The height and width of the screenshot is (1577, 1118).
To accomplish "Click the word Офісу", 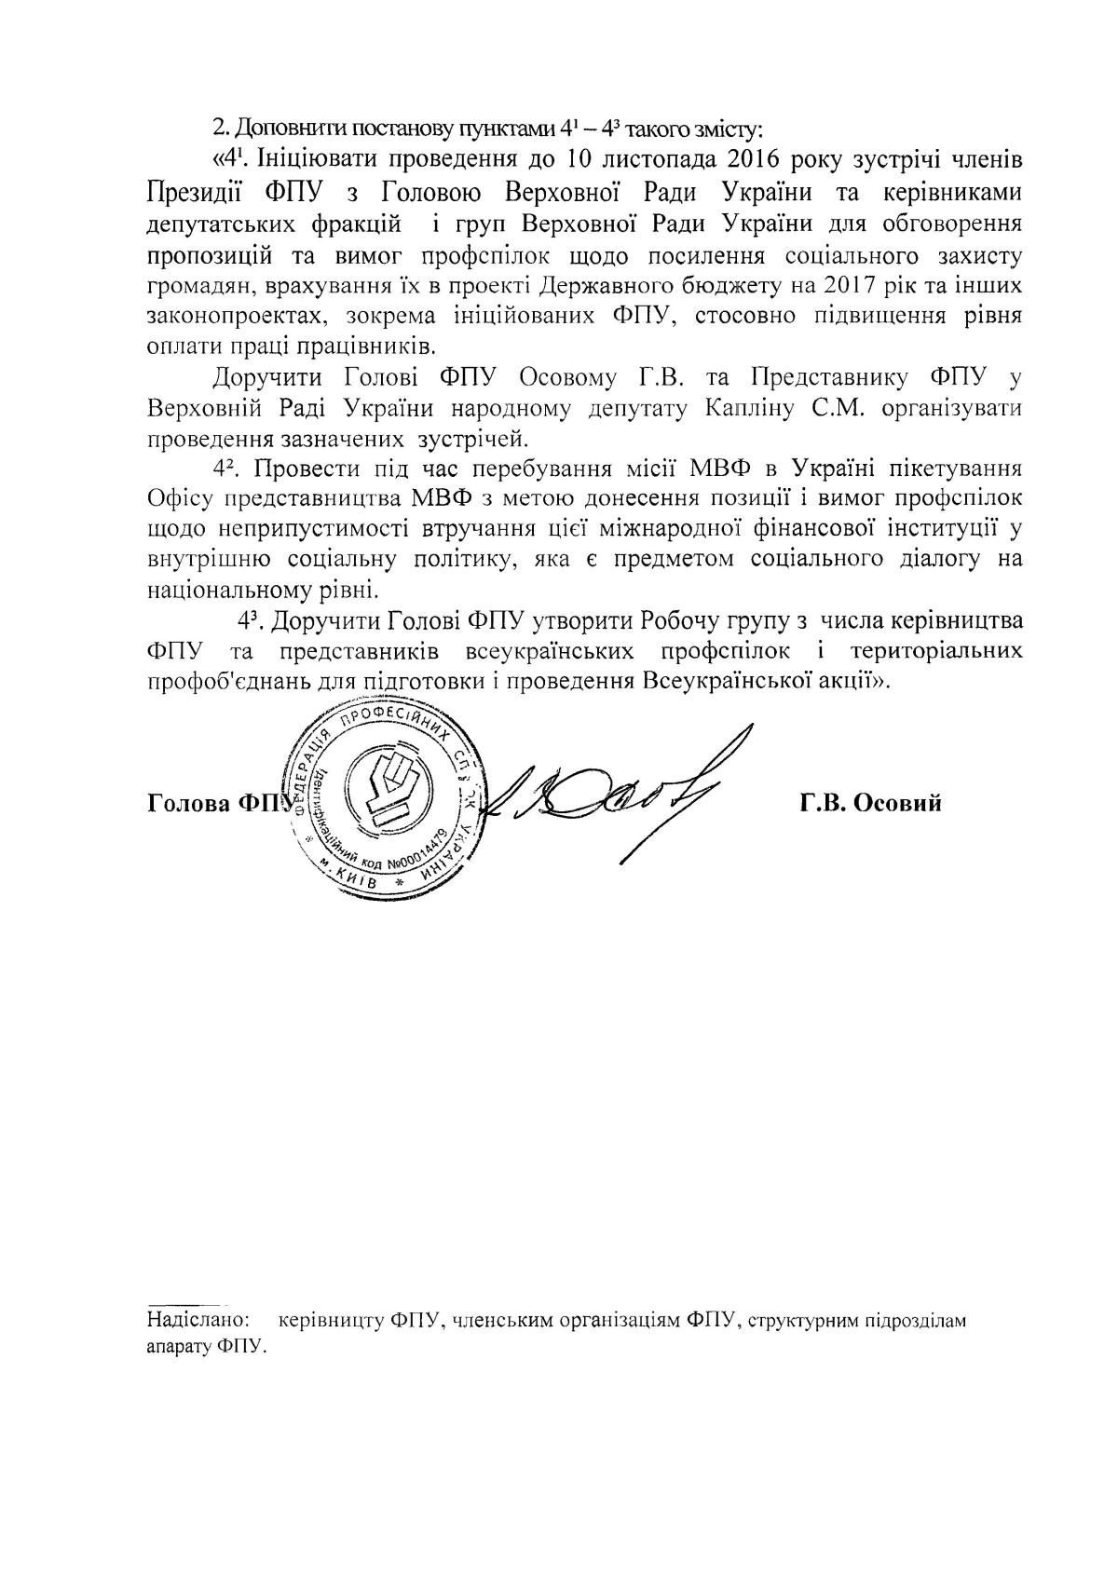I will coord(174,496).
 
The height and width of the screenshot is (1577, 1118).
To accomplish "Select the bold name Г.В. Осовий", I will coord(869,802).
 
